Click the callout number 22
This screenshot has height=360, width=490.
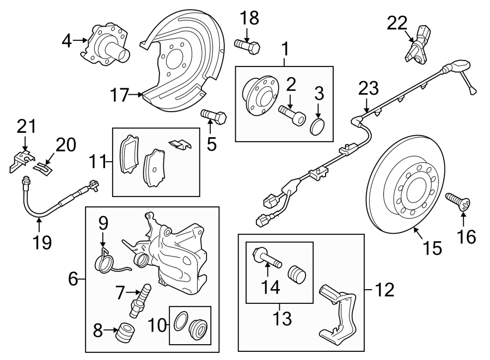(x=397, y=22)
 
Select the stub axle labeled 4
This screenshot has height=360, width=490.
(x=108, y=45)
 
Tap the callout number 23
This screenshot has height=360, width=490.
(x=367, y=88)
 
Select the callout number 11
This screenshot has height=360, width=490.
(x=98, y=162)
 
